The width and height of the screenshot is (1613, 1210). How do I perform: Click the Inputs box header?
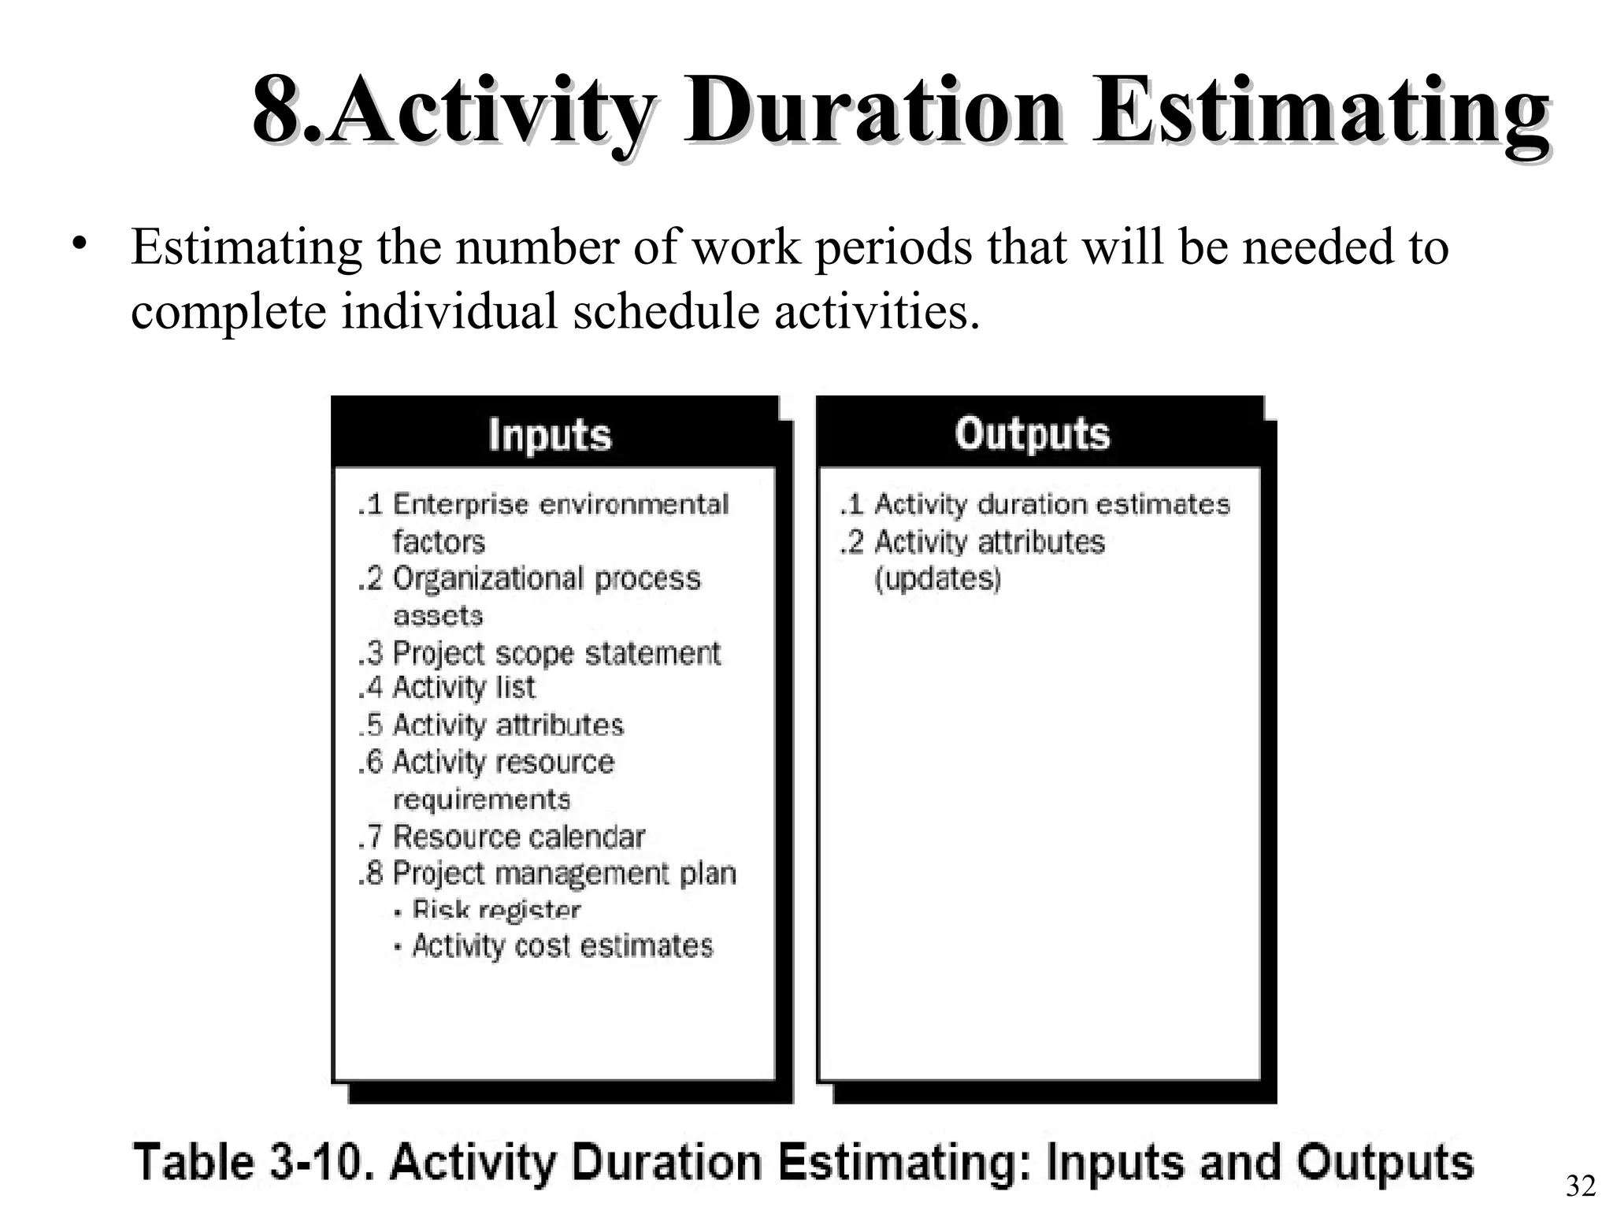pyautogui.click(x=549, y=434)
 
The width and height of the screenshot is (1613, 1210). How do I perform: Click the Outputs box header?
pyautogui.click(x=1033, y=433)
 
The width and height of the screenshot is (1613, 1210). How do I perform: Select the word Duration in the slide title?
pyautogui.click(x=874, y=112)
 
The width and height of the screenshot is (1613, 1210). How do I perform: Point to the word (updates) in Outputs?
pyautogui.click(x=937, y=579)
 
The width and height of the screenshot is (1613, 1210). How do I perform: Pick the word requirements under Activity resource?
pyautogui.click(x=481, y=799)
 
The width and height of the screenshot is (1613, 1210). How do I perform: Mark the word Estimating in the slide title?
pyautogui.click(x=1320, y=112)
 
